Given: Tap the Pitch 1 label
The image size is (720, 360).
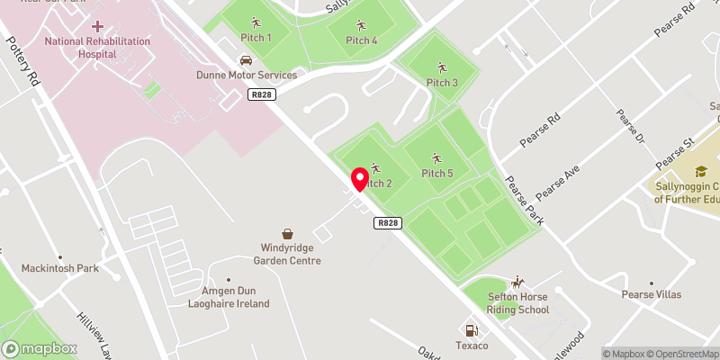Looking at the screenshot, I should pos(256,38).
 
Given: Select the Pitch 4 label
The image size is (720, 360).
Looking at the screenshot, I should pos(362,40).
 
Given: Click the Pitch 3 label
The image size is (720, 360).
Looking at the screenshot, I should pos(442,83).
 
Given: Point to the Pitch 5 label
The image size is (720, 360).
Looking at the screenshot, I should pos(437,174).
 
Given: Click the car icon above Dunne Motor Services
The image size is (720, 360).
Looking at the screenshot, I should pos(245,60).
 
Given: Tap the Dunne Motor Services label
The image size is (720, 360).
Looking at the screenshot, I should pos(246,76).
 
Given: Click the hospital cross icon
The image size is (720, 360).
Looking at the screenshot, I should pos(97,27).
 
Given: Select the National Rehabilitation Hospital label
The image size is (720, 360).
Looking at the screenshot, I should pos(97,48).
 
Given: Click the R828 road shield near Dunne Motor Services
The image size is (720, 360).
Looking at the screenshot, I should pos(262,94).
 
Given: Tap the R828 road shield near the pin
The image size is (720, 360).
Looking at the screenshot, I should pos(388,222).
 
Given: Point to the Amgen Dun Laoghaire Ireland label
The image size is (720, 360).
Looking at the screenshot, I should pos(229,297).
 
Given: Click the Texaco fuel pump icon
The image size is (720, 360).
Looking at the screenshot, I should pos(471,330).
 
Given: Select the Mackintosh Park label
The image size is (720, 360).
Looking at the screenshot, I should pos(61,269).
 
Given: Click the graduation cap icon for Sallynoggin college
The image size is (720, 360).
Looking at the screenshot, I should pos(700,170).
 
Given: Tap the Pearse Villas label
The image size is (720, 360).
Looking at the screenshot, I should pos(652,294).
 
